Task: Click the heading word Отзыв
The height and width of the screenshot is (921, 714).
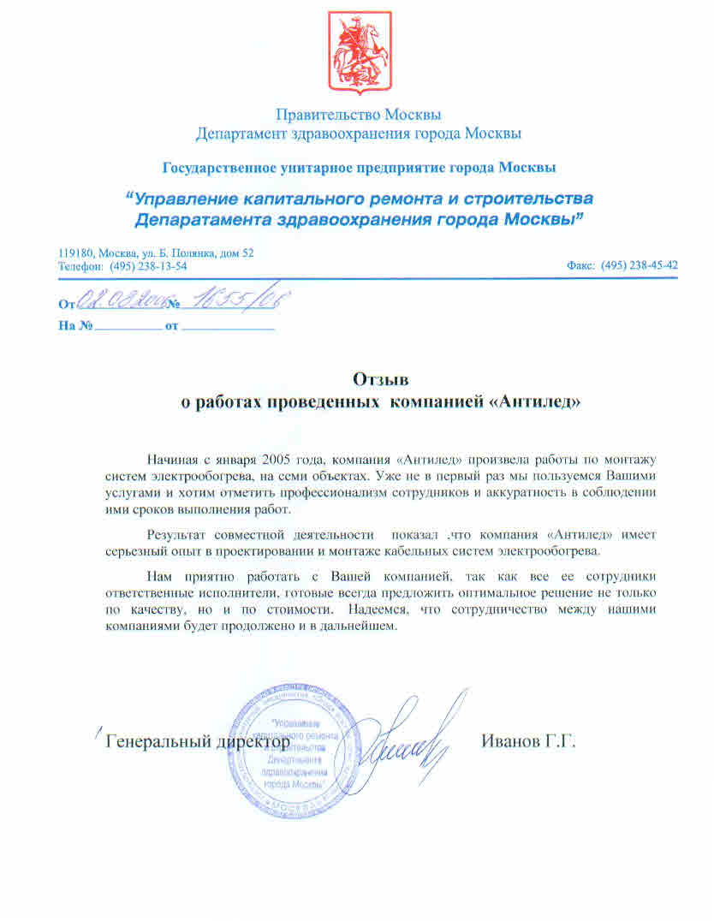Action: click(382, 378)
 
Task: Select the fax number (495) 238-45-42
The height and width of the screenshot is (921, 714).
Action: click(640, 265)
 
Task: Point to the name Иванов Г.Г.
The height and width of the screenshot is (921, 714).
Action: click(528, 740)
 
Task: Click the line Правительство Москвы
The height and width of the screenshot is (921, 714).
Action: click(358, 114)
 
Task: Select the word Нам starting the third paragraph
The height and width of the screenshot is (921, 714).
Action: click(159, 574)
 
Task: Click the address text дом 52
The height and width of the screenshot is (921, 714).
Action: click(236, 253)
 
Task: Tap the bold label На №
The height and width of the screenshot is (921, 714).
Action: click(74, 326)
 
